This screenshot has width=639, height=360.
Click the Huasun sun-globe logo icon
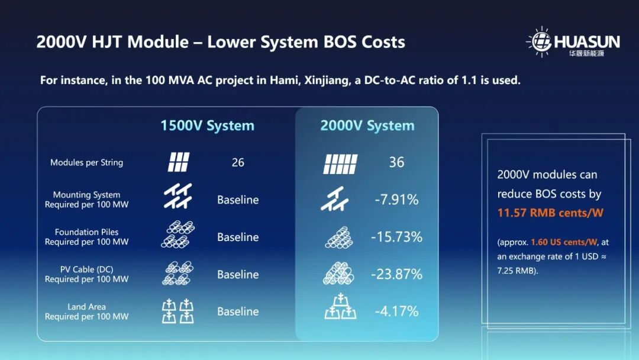click(x=541, y=41)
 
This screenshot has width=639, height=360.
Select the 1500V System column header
click(x=207, y=126)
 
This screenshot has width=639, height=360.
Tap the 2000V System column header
click(x=367, y=126)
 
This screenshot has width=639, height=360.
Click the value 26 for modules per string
click(x=238, y=162)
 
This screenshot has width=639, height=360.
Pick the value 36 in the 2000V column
click(x=396, y=162)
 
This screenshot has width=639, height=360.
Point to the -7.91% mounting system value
click(x=396, y=200)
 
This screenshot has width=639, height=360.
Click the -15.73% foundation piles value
click(x=396, y=237)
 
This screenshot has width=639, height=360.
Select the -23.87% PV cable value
click(x=396, y=274)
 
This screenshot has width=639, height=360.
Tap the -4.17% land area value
click(x=396, y=311)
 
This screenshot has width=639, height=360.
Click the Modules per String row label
click(x=86, y=162)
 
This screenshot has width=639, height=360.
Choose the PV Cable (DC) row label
click(x=86, y=269)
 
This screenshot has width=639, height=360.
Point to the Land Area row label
click(x=86, y=307)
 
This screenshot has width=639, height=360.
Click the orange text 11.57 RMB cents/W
click(x=550, y=213)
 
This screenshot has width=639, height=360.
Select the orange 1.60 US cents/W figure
click(x=564, y=242)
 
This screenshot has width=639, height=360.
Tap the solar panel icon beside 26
click(x=179, y=162)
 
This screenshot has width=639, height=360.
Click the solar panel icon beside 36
click(x=340, y=164)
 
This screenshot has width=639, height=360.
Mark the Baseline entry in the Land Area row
click(x=238, y=311)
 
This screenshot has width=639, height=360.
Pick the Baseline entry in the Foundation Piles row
click(x=238, y=237)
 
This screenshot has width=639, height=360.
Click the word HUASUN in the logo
click(x=587, y=41)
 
